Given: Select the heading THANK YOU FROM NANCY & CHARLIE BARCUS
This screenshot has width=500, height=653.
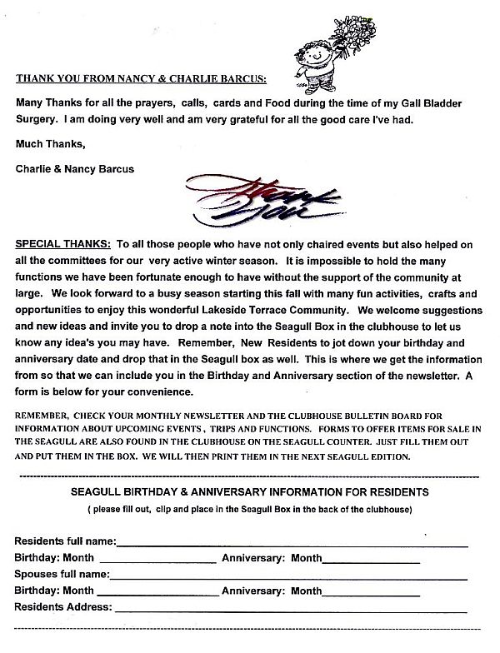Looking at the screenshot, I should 142,80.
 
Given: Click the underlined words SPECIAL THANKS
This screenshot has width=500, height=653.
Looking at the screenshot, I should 62,247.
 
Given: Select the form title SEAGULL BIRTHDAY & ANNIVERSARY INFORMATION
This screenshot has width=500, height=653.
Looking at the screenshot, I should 250,492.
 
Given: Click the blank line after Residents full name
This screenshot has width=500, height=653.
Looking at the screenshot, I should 292,543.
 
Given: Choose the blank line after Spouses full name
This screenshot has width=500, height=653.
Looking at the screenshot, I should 287,576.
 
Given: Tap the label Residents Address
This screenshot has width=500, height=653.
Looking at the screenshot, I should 63,606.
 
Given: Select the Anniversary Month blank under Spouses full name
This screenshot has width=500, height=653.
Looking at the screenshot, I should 371,593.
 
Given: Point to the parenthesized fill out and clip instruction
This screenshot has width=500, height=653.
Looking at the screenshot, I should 250,507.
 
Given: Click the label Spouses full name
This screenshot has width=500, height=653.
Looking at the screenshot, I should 62,574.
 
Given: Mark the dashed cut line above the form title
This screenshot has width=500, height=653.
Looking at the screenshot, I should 250,478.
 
